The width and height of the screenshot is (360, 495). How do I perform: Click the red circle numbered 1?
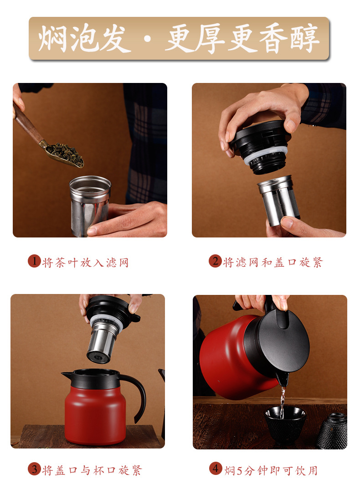coord(34,261)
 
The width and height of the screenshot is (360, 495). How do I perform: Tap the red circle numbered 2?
coord(215,261)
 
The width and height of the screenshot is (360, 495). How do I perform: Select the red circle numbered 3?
coord(34,469)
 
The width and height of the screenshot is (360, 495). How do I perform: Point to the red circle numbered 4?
coord(216,469)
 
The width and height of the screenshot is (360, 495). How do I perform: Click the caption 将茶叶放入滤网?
coord(85,263)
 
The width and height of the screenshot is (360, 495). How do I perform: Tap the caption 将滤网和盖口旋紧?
coord(273,263)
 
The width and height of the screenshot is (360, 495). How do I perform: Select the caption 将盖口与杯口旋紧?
coord(92,470)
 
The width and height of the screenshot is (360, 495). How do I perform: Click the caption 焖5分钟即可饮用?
coord(271,470)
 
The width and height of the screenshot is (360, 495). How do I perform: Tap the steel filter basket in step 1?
coord(90,205)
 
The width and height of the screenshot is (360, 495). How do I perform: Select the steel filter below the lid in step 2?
coord(278,200)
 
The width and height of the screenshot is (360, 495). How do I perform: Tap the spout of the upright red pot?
coord(67,375)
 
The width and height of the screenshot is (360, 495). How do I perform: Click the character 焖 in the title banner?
coord(52,38)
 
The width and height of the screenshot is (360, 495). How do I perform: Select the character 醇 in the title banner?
coord(304,38)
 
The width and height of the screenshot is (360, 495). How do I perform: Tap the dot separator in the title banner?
coord(147,39)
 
